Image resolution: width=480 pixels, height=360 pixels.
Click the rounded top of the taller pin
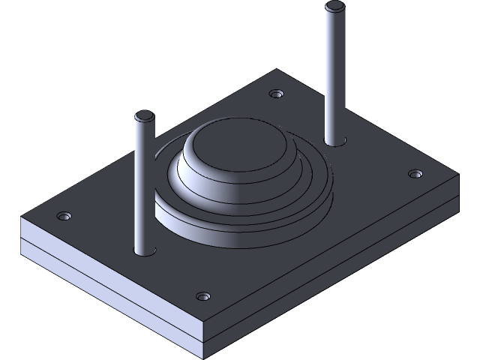[x=333, y=8]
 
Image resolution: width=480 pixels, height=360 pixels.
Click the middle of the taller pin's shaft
[x=334, y=75]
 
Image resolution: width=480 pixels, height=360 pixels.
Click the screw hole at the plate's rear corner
[x=277, y=95]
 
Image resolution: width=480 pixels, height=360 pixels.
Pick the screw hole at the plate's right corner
[x=415, y=174]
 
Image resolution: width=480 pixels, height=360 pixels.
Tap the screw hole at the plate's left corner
[x=64, y=217]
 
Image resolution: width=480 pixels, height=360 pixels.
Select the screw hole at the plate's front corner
[x=202, y=296]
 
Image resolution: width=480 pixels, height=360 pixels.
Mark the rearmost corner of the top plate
[x=279, y=70]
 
